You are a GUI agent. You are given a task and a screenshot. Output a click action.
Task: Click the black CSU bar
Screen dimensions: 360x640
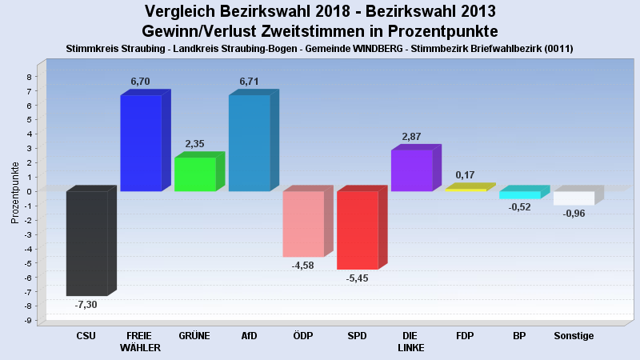(86, 243)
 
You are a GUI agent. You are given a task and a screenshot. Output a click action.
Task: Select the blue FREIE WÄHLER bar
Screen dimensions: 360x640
(141, 143)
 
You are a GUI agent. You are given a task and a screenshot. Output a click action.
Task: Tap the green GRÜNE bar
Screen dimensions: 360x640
(195, 174)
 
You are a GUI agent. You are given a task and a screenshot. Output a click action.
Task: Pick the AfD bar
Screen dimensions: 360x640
(250, 143)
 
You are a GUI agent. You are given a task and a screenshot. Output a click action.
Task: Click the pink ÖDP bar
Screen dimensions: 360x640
(303, 224)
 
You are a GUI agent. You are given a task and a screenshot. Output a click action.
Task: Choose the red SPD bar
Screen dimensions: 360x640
(358, 230)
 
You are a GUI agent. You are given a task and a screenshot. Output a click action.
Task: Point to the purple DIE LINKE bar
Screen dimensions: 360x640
(412, 170)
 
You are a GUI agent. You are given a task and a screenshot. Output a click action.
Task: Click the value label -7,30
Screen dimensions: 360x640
(86, 305)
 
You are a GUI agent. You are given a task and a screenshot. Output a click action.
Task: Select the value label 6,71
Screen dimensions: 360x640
(250, 82)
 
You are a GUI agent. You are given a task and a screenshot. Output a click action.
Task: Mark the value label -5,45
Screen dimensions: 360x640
(358, 278)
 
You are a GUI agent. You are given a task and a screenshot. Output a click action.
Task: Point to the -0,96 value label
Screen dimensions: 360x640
(574, 214)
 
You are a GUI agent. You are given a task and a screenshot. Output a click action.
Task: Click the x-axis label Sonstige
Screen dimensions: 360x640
(574, 336)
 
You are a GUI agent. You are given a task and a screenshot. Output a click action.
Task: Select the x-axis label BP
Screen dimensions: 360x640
(520, 336)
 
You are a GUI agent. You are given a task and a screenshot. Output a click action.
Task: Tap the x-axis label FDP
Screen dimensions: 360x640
(466, 336)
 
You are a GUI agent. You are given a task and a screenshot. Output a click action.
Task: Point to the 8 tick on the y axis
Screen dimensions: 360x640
(29, 77)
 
